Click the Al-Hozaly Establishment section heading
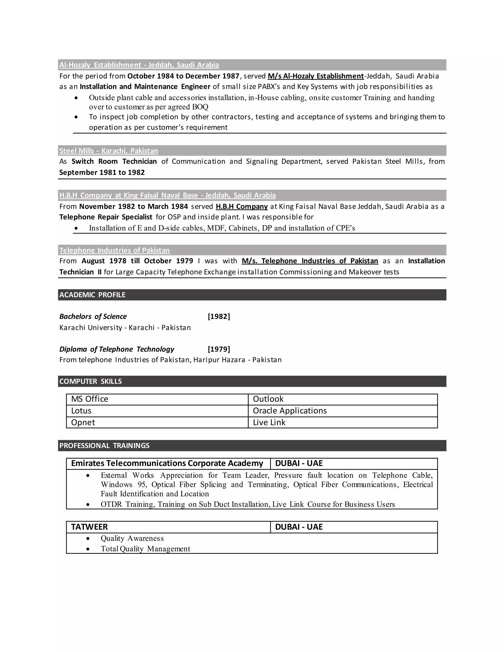coord(139,65)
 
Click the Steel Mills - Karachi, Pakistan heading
coord(109,151)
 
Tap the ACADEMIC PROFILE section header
coord(92,295)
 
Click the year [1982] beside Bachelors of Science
coord(219,316)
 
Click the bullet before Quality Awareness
coord(88,539)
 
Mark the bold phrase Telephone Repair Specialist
coord(106,217)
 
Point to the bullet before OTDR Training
coord(88,505)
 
